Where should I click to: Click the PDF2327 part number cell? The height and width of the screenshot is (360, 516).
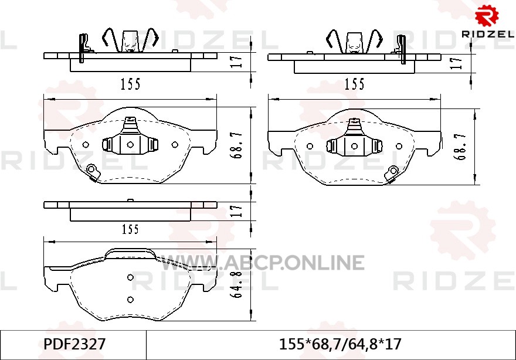coord(74,345)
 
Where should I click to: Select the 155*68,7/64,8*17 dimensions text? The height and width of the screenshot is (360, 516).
coord(340,345)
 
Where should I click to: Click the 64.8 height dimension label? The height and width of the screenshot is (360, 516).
coord(237,284)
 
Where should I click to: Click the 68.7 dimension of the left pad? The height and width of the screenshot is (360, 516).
coord(237,145)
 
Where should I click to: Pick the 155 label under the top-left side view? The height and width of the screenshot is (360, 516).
coord(131,84)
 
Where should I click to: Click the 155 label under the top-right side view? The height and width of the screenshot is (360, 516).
coord(354,84)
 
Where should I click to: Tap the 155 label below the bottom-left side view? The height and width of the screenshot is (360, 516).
coord(131,229)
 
